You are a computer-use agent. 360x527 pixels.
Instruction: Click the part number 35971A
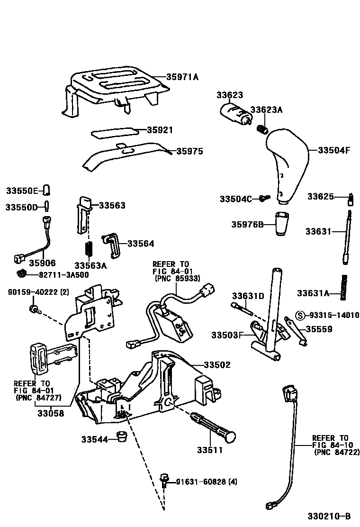[182, 76]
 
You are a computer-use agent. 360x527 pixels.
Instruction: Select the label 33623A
[266, 110]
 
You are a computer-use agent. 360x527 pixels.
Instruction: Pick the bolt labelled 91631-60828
[165, 480]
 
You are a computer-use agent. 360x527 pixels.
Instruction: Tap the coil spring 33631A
[344, 287]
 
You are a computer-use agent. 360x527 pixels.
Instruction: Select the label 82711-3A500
[63, 274]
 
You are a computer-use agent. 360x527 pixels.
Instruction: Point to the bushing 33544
[122, 436]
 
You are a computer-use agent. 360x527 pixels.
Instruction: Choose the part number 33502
[217, 365]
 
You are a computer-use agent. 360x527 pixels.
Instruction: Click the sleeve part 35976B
[282, 224]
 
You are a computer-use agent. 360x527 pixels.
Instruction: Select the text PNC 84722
[336, 453]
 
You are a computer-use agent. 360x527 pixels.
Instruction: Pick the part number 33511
[210, 450]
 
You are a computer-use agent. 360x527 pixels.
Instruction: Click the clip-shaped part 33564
[112, 243]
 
